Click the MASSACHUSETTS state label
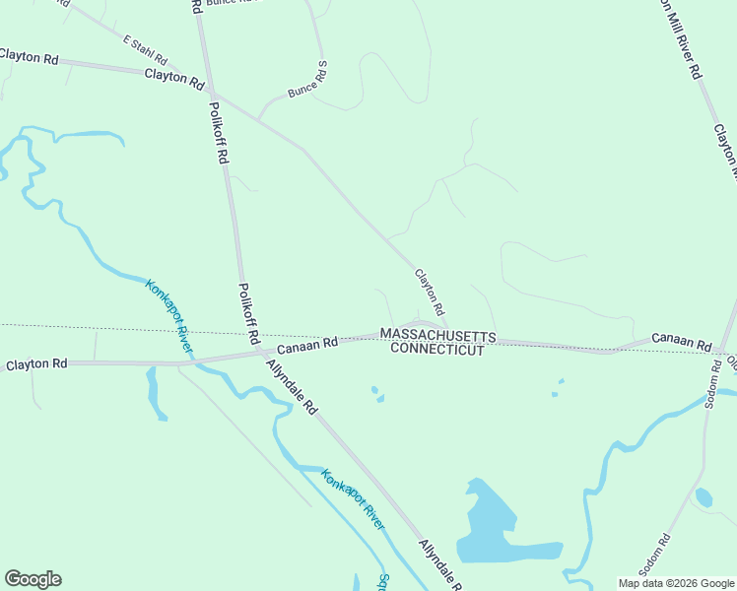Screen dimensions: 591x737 [x=437, y=336]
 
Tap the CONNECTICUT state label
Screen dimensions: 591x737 [x=437, y=350]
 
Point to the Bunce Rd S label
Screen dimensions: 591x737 [x=306, y=80]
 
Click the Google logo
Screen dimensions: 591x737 [x=33, y=579]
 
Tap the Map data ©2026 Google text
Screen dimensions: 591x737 [x=676, y=583]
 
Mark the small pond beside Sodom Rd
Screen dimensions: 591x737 [x=703, y=497]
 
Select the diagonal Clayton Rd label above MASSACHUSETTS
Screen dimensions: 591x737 [x=430, y=293]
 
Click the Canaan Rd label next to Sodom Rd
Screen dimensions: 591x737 [x=681, y=343]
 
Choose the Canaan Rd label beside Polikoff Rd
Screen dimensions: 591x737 [x=306, y=346]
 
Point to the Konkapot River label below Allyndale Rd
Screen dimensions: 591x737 [x=352, y=499]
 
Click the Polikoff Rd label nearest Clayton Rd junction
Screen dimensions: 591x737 [x=219, y=131]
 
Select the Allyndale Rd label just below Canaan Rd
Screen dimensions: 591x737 [x=293, y=385]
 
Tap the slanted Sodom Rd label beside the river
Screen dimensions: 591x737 [x=653, y=553]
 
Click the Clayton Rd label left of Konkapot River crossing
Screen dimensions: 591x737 [x=36, y=363]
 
